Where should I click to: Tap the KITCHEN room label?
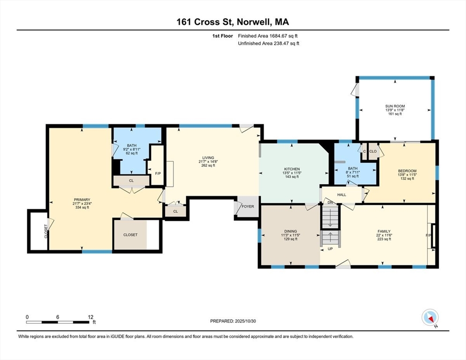point(292,169)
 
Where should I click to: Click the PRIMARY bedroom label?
point(81,200)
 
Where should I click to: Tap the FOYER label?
point(248,206)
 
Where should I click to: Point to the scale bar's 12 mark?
point(90,317)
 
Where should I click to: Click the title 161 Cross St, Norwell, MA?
point(233,22)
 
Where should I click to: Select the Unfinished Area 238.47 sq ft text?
point(268,43)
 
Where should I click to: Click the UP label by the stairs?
point(330,249)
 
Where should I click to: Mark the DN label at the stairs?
point(330,202)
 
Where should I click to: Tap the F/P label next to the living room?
point(158,173)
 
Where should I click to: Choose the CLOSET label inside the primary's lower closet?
point(130,234)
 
